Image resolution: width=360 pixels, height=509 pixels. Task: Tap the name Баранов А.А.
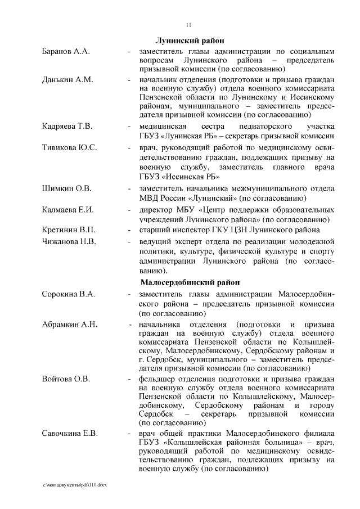[x=66, y=51]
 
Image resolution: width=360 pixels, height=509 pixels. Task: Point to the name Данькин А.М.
[x=67, y=79]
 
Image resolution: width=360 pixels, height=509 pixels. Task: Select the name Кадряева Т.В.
[x=67, y=125]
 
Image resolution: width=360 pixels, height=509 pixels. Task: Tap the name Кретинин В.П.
[x=69, y=230]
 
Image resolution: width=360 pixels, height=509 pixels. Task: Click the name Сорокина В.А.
[x=69, y=294]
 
